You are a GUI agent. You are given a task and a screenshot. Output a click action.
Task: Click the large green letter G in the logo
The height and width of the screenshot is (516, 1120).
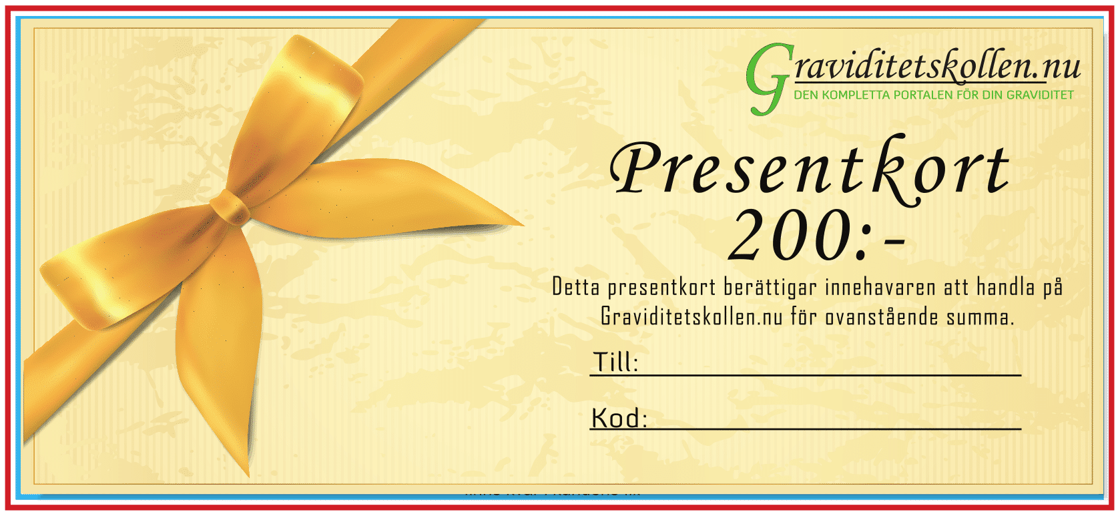click(768, 79)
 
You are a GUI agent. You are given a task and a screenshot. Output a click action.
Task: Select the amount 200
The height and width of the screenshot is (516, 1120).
click(788, 235)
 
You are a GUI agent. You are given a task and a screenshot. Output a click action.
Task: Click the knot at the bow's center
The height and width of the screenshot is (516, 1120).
click(230, 206)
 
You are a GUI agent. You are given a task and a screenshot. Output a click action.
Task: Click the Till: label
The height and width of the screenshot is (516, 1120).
click(615, 362)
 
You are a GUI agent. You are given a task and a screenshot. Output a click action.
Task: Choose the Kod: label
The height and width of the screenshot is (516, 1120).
click(619, 418)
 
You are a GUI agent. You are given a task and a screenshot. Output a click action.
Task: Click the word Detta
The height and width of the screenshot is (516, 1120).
click(575, 287)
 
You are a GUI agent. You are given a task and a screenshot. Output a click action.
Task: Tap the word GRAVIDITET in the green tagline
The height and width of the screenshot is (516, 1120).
click(1040, 95)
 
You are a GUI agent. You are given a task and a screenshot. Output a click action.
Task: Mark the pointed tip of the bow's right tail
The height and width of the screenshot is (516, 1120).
click(522, 224)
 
